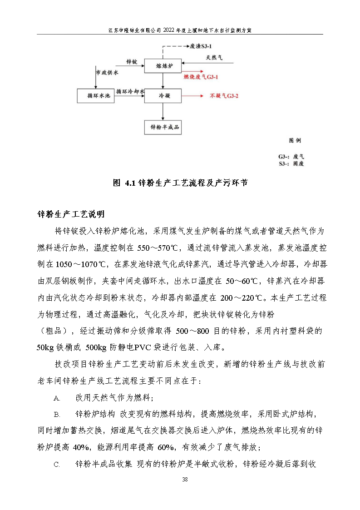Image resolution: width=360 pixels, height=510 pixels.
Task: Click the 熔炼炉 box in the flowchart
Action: pyautogui.click(x=162, y=66)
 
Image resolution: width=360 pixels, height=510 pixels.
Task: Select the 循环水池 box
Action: pyautogui.click(x=95, y=96)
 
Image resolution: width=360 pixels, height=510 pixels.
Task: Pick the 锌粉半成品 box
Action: pyautogui.click(x=162, y=128)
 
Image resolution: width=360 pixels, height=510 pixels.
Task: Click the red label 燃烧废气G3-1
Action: pyautogui.click(x=202, y=78)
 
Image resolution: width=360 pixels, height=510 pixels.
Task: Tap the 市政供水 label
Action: pyautogui.click(x=107, y=73)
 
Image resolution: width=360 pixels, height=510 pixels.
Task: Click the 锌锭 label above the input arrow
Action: pyautogui.click(x=132, y=61)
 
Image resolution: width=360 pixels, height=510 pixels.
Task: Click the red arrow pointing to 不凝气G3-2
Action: pyautogui.click(x=193, y=96)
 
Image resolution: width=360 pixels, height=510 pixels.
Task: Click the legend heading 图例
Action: pyautogui.click(x=295, y=140)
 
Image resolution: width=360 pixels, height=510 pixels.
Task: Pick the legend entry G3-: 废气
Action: pyautogui.click(x=291, y=156)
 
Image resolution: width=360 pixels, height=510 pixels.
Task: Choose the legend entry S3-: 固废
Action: pyautogui.click(x=291, y=163)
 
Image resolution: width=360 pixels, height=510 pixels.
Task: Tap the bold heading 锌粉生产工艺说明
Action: pyautogui.click(x=71, y=214)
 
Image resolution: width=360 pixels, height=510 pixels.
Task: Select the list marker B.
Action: pyautogui.click(x=57, y=414)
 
